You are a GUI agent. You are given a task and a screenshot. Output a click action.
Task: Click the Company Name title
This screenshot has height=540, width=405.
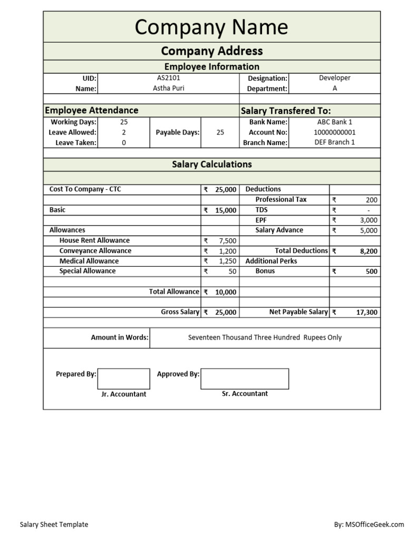click(211, 27)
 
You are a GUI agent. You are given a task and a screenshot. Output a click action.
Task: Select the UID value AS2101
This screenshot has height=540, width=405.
click(169, 78)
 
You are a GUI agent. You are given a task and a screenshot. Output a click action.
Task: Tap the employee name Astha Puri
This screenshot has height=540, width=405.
click(169, 88)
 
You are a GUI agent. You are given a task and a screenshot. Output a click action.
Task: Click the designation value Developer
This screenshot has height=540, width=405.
click(334, 78)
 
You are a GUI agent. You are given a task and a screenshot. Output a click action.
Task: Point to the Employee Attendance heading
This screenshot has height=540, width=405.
click(92, 110)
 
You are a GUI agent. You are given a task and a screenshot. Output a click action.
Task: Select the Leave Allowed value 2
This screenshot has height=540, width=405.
click(124, 132)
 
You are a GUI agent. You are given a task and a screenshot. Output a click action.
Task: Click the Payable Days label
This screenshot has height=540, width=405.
click(178, 132)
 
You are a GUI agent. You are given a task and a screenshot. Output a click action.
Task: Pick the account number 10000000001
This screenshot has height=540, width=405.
click(334, 132)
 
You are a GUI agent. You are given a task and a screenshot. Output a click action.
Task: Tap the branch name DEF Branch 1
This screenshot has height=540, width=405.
click(334, 142)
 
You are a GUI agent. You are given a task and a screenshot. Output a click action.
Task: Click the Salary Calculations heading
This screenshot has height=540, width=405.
click(211, 164)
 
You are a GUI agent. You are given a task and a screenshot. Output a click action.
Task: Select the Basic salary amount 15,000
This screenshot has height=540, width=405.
click(225, 210)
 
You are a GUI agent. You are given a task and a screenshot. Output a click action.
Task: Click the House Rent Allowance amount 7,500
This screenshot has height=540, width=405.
click(227, 240)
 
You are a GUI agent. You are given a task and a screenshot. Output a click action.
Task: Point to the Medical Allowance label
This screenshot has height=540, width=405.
click(89, 261)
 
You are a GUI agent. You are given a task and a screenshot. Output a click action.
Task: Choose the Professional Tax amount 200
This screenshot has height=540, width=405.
click(371, 200)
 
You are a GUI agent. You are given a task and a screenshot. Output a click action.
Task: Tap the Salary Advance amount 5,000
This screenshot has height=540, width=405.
click(369, 230)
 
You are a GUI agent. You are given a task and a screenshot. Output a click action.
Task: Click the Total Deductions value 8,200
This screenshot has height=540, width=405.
click(369, 251)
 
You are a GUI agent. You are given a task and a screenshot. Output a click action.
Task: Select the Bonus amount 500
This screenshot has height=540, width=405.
click(371, 271)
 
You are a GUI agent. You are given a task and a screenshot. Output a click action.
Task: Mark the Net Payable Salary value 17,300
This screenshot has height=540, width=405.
click(367, 312)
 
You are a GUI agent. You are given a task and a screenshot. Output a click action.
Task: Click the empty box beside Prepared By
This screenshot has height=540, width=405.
click(123, 379)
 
